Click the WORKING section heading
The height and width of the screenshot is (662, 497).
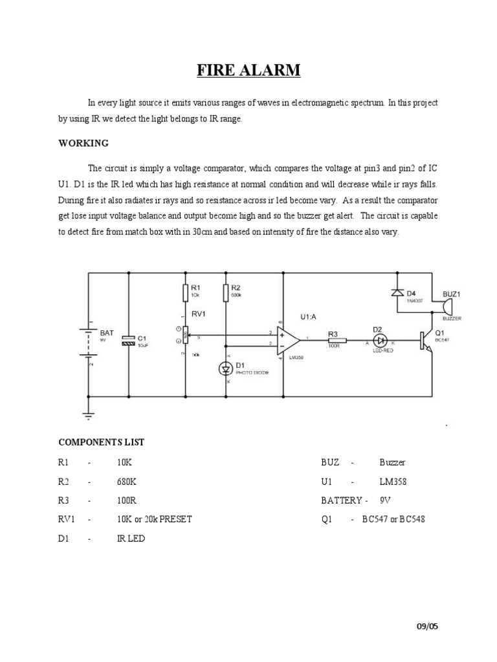83,143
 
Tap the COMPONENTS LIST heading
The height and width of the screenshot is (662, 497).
102,442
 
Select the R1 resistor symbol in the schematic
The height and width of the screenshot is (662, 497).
186,294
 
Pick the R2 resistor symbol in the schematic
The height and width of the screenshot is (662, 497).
226,294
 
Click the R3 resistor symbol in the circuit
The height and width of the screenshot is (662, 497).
337,339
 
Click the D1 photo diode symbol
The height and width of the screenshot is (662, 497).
226,369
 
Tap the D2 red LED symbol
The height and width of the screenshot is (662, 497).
381,339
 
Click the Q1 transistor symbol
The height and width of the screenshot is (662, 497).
424,340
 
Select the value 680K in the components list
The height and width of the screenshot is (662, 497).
127,482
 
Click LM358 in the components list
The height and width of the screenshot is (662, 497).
393,482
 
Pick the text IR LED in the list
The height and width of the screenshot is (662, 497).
131,538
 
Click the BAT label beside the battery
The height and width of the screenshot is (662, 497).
107,332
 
